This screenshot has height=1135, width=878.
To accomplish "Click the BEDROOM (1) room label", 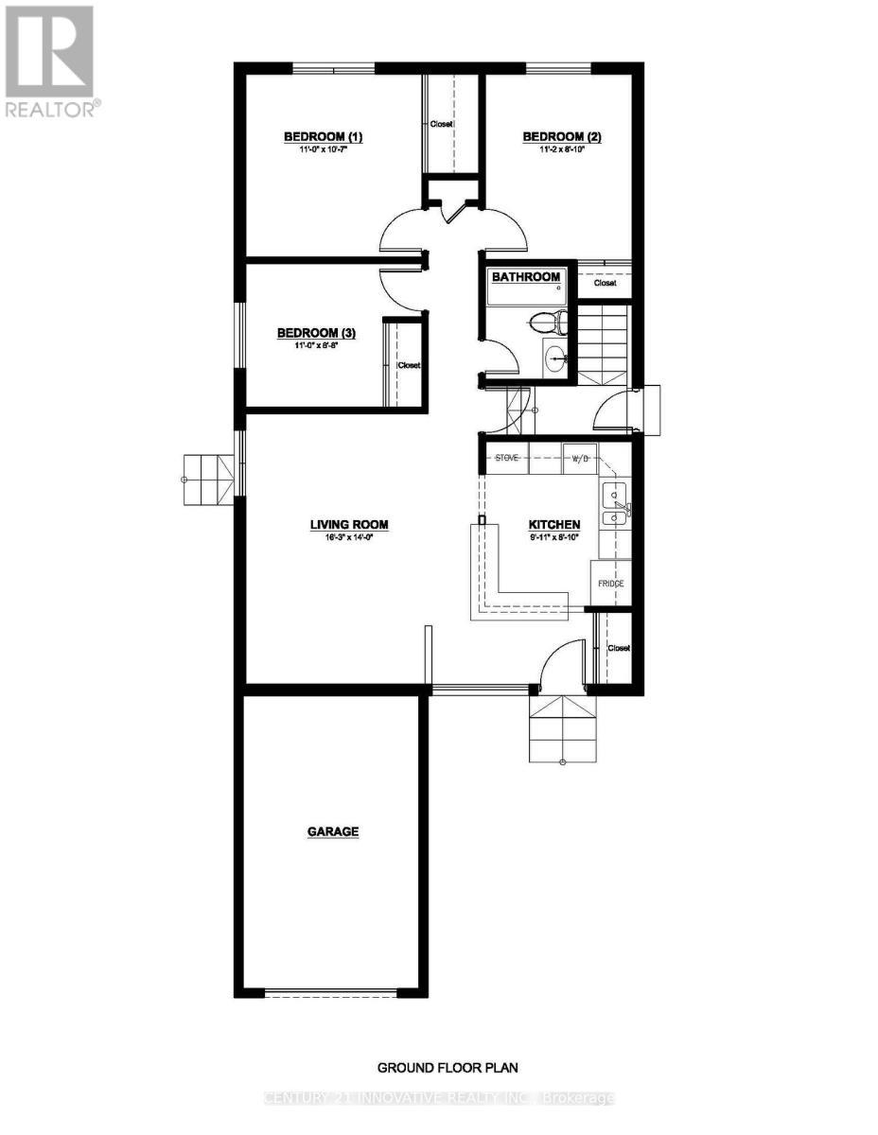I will tap(323, 137).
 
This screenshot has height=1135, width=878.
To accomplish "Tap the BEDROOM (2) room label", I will tap(562, 137).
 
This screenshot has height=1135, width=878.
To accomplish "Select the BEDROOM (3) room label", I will tap(316, 333).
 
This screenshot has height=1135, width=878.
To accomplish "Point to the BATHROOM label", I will tap(526, 277).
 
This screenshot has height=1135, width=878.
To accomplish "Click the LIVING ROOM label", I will tap(349, 524).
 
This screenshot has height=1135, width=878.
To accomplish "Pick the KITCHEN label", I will tap(553, 524).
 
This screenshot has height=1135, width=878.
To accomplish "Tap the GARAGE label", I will tap(332, 832).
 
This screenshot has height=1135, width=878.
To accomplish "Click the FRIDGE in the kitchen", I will tap(610, 584).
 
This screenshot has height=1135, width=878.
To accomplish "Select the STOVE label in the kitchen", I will tap(507, 459).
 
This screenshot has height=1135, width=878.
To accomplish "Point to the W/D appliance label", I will tap(579, 460).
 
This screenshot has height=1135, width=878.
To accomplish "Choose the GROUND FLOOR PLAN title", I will tap(448, 1068).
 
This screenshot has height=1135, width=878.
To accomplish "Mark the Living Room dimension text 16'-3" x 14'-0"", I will tap(349, 537).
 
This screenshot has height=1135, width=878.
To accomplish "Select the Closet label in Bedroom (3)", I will tap(409, 366).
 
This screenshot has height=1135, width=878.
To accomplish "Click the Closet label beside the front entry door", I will tap(619, 649).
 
